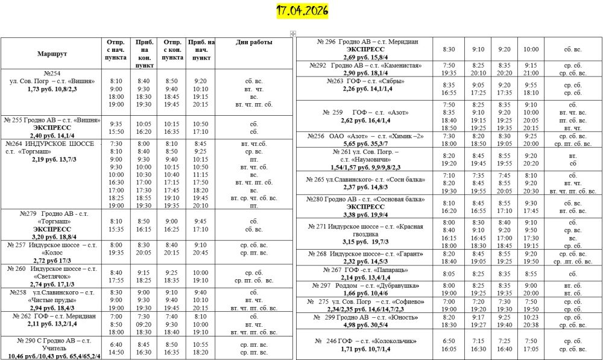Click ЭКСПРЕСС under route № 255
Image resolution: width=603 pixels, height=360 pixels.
[x=52, y=128]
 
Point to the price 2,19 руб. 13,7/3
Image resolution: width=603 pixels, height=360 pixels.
[x=52, y=158]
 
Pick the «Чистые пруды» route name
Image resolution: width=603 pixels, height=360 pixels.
[x=52, y=300]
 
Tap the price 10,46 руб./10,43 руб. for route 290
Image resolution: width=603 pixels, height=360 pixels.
[x=37, y=356]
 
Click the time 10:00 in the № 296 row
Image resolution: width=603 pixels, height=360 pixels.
[x=531, y=49]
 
